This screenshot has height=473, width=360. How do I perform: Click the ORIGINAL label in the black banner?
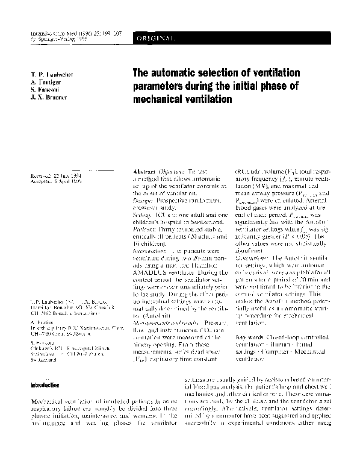(158, 39)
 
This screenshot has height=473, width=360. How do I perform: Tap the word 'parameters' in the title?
(161, 86)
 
